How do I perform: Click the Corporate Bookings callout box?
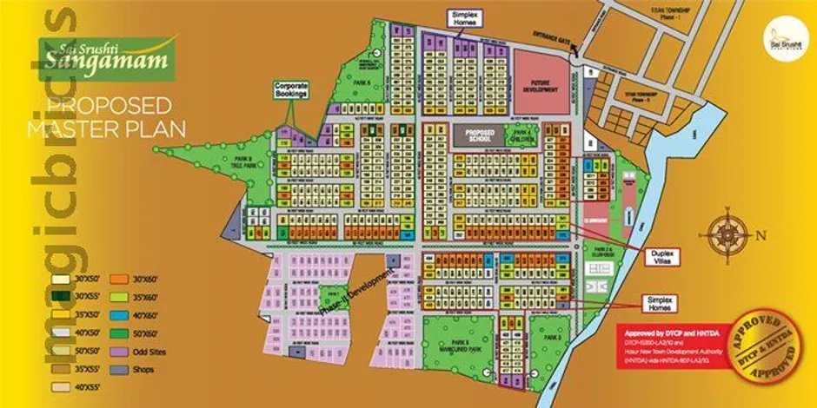291,90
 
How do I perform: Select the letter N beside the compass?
761,234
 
